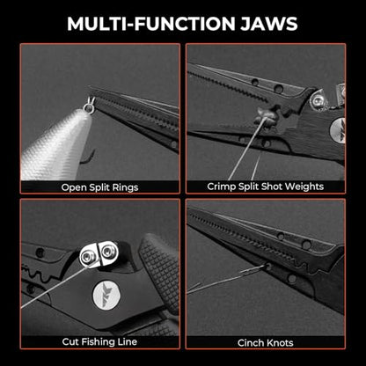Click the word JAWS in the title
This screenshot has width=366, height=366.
pos(269,24)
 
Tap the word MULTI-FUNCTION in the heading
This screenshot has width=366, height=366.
pos(151,24)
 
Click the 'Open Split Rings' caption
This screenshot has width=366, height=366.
pos(99,187)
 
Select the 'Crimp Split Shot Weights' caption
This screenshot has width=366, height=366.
pos(266,187)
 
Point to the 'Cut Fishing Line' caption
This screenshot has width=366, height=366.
pos(99,341)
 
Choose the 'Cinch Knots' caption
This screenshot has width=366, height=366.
pos(266,342)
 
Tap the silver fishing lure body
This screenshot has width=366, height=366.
pos(55,145)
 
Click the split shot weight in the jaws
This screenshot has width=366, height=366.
pos(266,116)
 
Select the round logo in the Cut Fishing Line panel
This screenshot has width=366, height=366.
pos(106,293)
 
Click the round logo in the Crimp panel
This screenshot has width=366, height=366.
pos(338,131)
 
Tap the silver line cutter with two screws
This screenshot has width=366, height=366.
pos(99,254)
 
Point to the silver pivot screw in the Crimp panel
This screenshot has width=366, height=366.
pos(318,101)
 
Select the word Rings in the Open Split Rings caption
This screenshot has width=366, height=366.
pos(127,187)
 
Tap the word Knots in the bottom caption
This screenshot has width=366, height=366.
pos(281,342)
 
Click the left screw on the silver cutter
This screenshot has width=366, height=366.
pos(88,257)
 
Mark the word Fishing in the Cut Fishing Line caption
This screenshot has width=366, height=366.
pos(99,341)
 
